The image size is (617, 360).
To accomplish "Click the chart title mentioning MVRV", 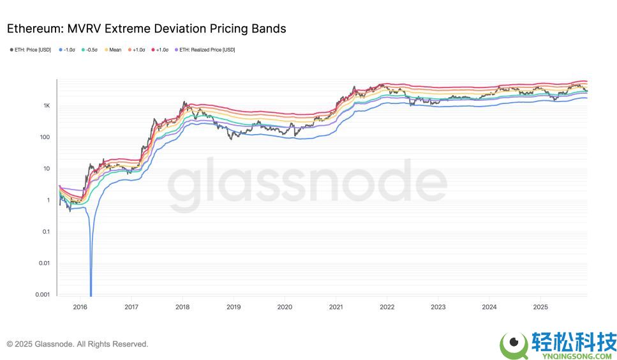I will [x=146, y=29].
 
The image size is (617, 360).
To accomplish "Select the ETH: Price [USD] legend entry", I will [x=32, y=50].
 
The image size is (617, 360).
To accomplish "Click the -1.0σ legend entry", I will [x=68, y=50].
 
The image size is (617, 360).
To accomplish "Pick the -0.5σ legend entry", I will [x=89, y=50].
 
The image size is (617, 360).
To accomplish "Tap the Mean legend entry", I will [x=112, y=50].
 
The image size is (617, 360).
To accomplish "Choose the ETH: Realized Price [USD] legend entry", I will [x=204, y=50].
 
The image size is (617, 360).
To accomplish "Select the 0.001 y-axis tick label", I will [x=43, y=294].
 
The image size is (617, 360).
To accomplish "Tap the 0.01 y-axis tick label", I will [x=44, y=263].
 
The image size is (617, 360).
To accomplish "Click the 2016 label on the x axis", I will [x=80, y=307].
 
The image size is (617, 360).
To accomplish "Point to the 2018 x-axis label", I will [x=182, y=307].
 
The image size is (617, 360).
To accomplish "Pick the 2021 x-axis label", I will [x=336, y=307].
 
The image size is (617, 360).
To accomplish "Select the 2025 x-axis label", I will [x=540, y=307].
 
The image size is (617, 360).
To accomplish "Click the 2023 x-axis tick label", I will [x=438, y=307].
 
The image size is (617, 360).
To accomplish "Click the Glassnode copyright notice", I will [x=77, y=344].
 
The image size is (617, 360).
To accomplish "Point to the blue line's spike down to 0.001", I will [x=91, y=281].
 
